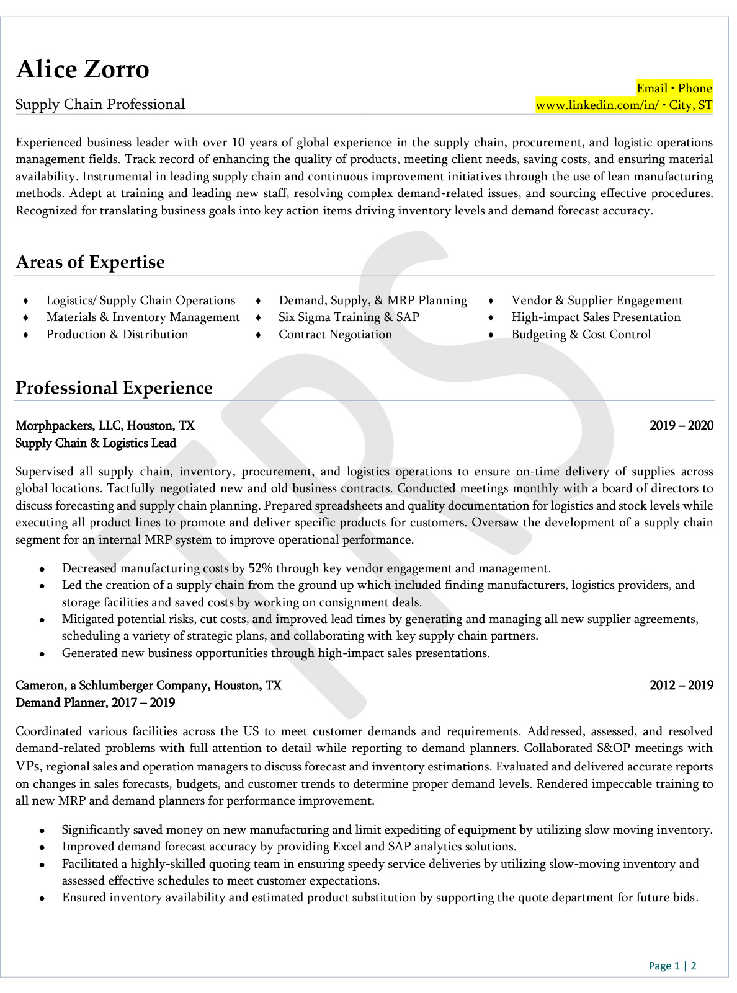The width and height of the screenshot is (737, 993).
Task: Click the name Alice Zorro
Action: (83, 69)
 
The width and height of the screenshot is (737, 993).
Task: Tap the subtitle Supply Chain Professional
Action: (100, 104)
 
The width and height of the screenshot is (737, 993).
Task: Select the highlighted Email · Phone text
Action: (674, 88)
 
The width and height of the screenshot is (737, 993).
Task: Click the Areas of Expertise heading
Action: (90, 262)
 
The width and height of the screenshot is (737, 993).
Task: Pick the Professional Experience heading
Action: (114, 387)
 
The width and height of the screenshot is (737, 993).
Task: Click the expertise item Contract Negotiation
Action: (335, 335)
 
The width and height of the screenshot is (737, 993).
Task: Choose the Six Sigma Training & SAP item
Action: (349, 317)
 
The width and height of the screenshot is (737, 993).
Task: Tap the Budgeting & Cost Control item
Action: (581, 335)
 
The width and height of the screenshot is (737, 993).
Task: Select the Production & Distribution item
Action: (117, 335)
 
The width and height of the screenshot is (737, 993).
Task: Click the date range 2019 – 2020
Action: (681, 426)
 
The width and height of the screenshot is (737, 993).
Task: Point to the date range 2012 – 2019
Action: (681, 686)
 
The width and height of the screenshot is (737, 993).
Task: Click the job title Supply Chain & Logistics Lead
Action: (96, 443)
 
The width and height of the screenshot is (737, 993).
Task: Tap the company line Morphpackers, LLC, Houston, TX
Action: (105, 426)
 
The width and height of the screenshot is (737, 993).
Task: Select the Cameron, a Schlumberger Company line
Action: (148, 686)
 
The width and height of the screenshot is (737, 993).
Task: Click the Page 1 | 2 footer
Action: (672, 966)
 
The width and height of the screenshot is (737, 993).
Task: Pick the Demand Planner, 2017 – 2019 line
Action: (95, 703)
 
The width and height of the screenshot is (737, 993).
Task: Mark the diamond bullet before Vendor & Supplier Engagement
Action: (491, 301)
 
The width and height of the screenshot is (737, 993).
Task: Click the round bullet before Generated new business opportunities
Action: (42, 654)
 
